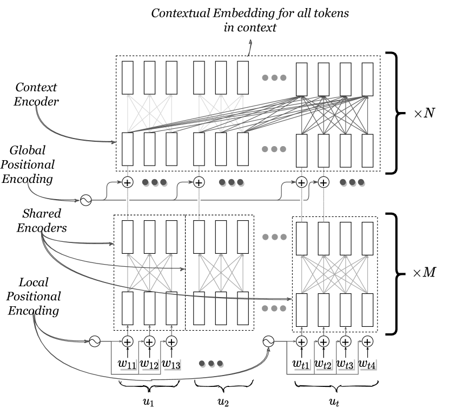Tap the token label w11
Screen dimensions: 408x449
tap(127, 364)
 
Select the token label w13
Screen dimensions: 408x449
tap(170, 364)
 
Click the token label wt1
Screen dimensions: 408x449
tap(301, 364)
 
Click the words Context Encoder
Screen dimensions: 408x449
tap(36, 93)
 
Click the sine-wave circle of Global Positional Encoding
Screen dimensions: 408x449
tap(85, 200)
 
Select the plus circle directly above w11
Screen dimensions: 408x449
tap(128, 341)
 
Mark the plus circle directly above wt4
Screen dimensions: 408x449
tap(367, 341)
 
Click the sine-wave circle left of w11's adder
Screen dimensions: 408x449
tap(93, 341)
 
